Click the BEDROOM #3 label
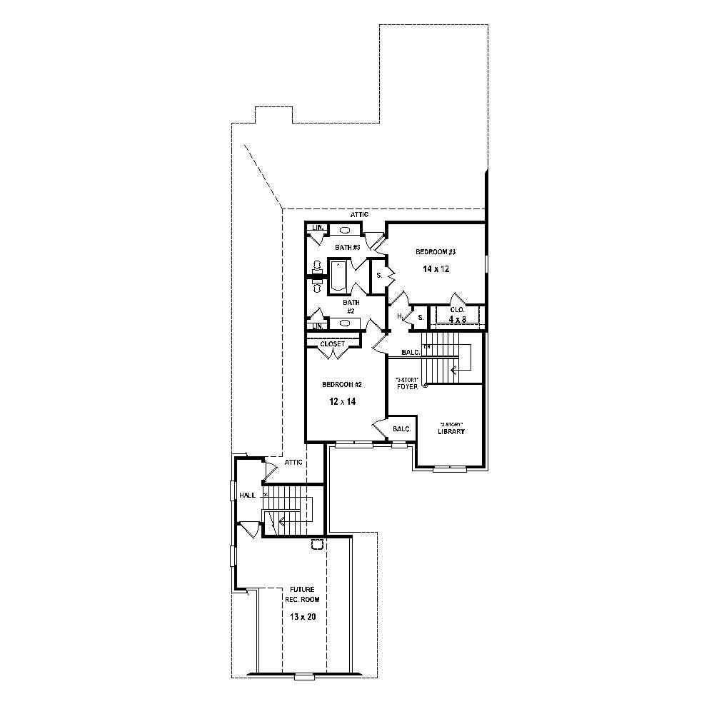point(436,252)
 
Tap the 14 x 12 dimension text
point(435,269)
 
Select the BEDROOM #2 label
point(342,385)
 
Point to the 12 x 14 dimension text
point(342,402)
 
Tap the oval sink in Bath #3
point(344,230)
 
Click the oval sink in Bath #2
point(345,323)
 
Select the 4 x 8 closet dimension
point(457,319)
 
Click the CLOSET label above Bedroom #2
point(332,344)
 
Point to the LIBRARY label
point(451,431)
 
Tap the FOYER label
point(407,386)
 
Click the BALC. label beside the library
point(402,429)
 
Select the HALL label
point(247,495)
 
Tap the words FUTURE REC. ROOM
point(302,594)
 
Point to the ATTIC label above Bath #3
point(359,214)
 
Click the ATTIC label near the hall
point(293,463)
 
